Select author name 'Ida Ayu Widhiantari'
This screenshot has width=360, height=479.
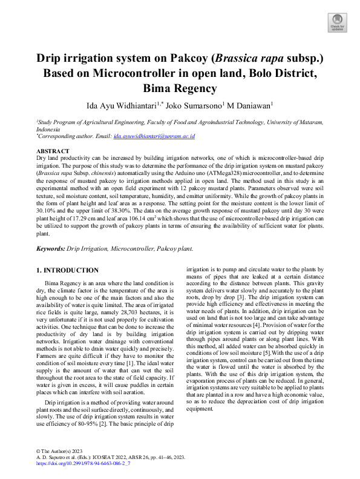[x=123, y=105]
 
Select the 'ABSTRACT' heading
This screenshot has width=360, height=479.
[x=53, y=150]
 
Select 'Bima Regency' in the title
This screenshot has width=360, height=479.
[x=180, y=88]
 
